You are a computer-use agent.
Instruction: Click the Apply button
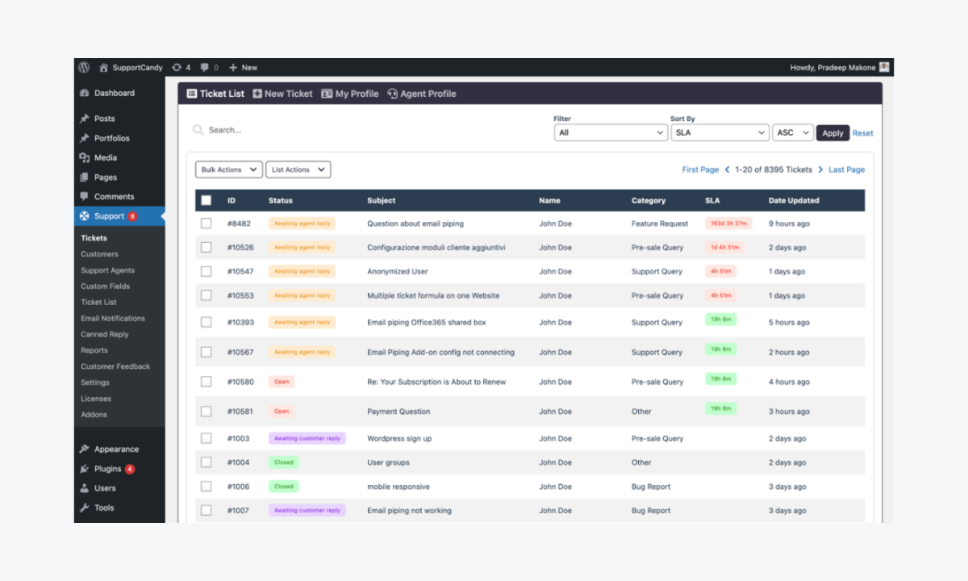pos(832,133)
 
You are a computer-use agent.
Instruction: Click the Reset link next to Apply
pos(862,133)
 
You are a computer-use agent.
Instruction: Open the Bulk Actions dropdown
pos(229,169)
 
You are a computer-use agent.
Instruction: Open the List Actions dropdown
pos(298,169)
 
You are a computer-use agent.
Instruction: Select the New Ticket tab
pos(282,94)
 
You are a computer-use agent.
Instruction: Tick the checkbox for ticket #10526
pos(207,248)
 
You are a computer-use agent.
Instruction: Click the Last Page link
pos(846,169)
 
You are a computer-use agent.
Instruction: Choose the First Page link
pos(700,169)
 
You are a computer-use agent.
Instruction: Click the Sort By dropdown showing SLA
pos(720,133)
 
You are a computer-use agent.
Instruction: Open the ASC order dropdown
pos(792,133)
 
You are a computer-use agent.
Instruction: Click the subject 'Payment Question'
pos(398,412)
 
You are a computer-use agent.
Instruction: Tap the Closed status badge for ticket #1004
pos(284,462)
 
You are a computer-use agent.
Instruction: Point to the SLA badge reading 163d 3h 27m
pos(728,224)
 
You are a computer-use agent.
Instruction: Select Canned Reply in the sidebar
pos(105,334)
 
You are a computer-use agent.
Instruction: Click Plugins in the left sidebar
pos(108,469)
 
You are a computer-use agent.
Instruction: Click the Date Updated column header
pos(793,200)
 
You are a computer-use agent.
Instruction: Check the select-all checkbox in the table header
pos(207,200)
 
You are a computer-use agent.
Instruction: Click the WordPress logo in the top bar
pos(84,68)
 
